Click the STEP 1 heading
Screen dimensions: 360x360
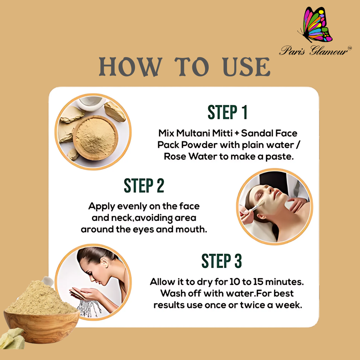[227, 112]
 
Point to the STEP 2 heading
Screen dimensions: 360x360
[144, 186]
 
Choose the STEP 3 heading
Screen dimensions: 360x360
[221, 261]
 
